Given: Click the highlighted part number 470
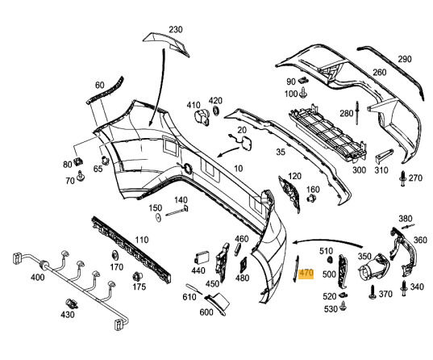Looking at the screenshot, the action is [x=306, y=273].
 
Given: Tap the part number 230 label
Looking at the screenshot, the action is [x=176, y=30].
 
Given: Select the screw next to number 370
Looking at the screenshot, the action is [x=373, y=293].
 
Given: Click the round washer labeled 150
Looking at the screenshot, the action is [x=158, y=218].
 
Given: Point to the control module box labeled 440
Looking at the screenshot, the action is [x=202, y=258].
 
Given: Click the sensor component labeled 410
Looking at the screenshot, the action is [x=202, y=118].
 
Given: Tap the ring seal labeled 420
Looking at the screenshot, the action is [x=216, y=111].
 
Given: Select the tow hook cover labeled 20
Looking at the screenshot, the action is [x=244, y=143].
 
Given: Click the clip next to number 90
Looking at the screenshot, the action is [x=304, y=81].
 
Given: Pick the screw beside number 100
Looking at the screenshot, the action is [x=303, y=94].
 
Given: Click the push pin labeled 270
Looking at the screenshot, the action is [x=403, y=178].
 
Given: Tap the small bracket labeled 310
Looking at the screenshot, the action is [x=383, y=157].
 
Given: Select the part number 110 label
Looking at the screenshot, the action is [x=141, y=240].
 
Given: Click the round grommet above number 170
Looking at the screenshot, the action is [x=114, y=255].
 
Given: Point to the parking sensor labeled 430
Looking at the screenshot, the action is [x=72, y=303].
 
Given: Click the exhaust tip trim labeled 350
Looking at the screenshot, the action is [x=373, y=268].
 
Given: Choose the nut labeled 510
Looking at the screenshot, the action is [x=329, y=260].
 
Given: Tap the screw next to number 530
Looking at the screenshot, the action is [x=343, y=306].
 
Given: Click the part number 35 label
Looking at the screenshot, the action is [x=281, y=152].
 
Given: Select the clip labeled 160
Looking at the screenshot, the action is [x=311, y=198].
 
